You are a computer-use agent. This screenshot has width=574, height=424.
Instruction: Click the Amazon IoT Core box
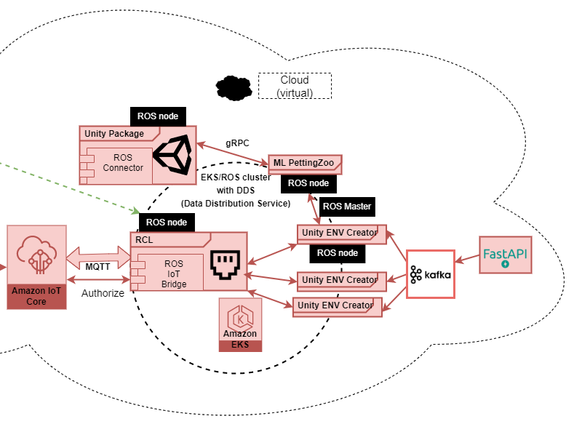(36, 267)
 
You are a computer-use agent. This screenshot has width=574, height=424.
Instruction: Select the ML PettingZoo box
(306, 164)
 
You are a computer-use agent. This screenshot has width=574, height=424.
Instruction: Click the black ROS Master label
(347, 207)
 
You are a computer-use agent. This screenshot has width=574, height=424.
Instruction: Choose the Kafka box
(430, 274)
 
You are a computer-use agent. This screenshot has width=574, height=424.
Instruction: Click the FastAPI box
(505, 255)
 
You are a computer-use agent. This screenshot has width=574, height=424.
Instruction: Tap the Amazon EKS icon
(240, 324)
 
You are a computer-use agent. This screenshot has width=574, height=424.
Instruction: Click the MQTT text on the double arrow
(97, 266)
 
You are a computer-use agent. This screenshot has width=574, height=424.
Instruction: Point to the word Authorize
(103, 293)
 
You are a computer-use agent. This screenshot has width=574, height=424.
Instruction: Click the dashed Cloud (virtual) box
(295, 86)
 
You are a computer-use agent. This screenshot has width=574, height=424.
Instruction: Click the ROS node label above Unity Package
(158, 116)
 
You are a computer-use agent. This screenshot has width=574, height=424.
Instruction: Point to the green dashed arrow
(65, 183)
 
